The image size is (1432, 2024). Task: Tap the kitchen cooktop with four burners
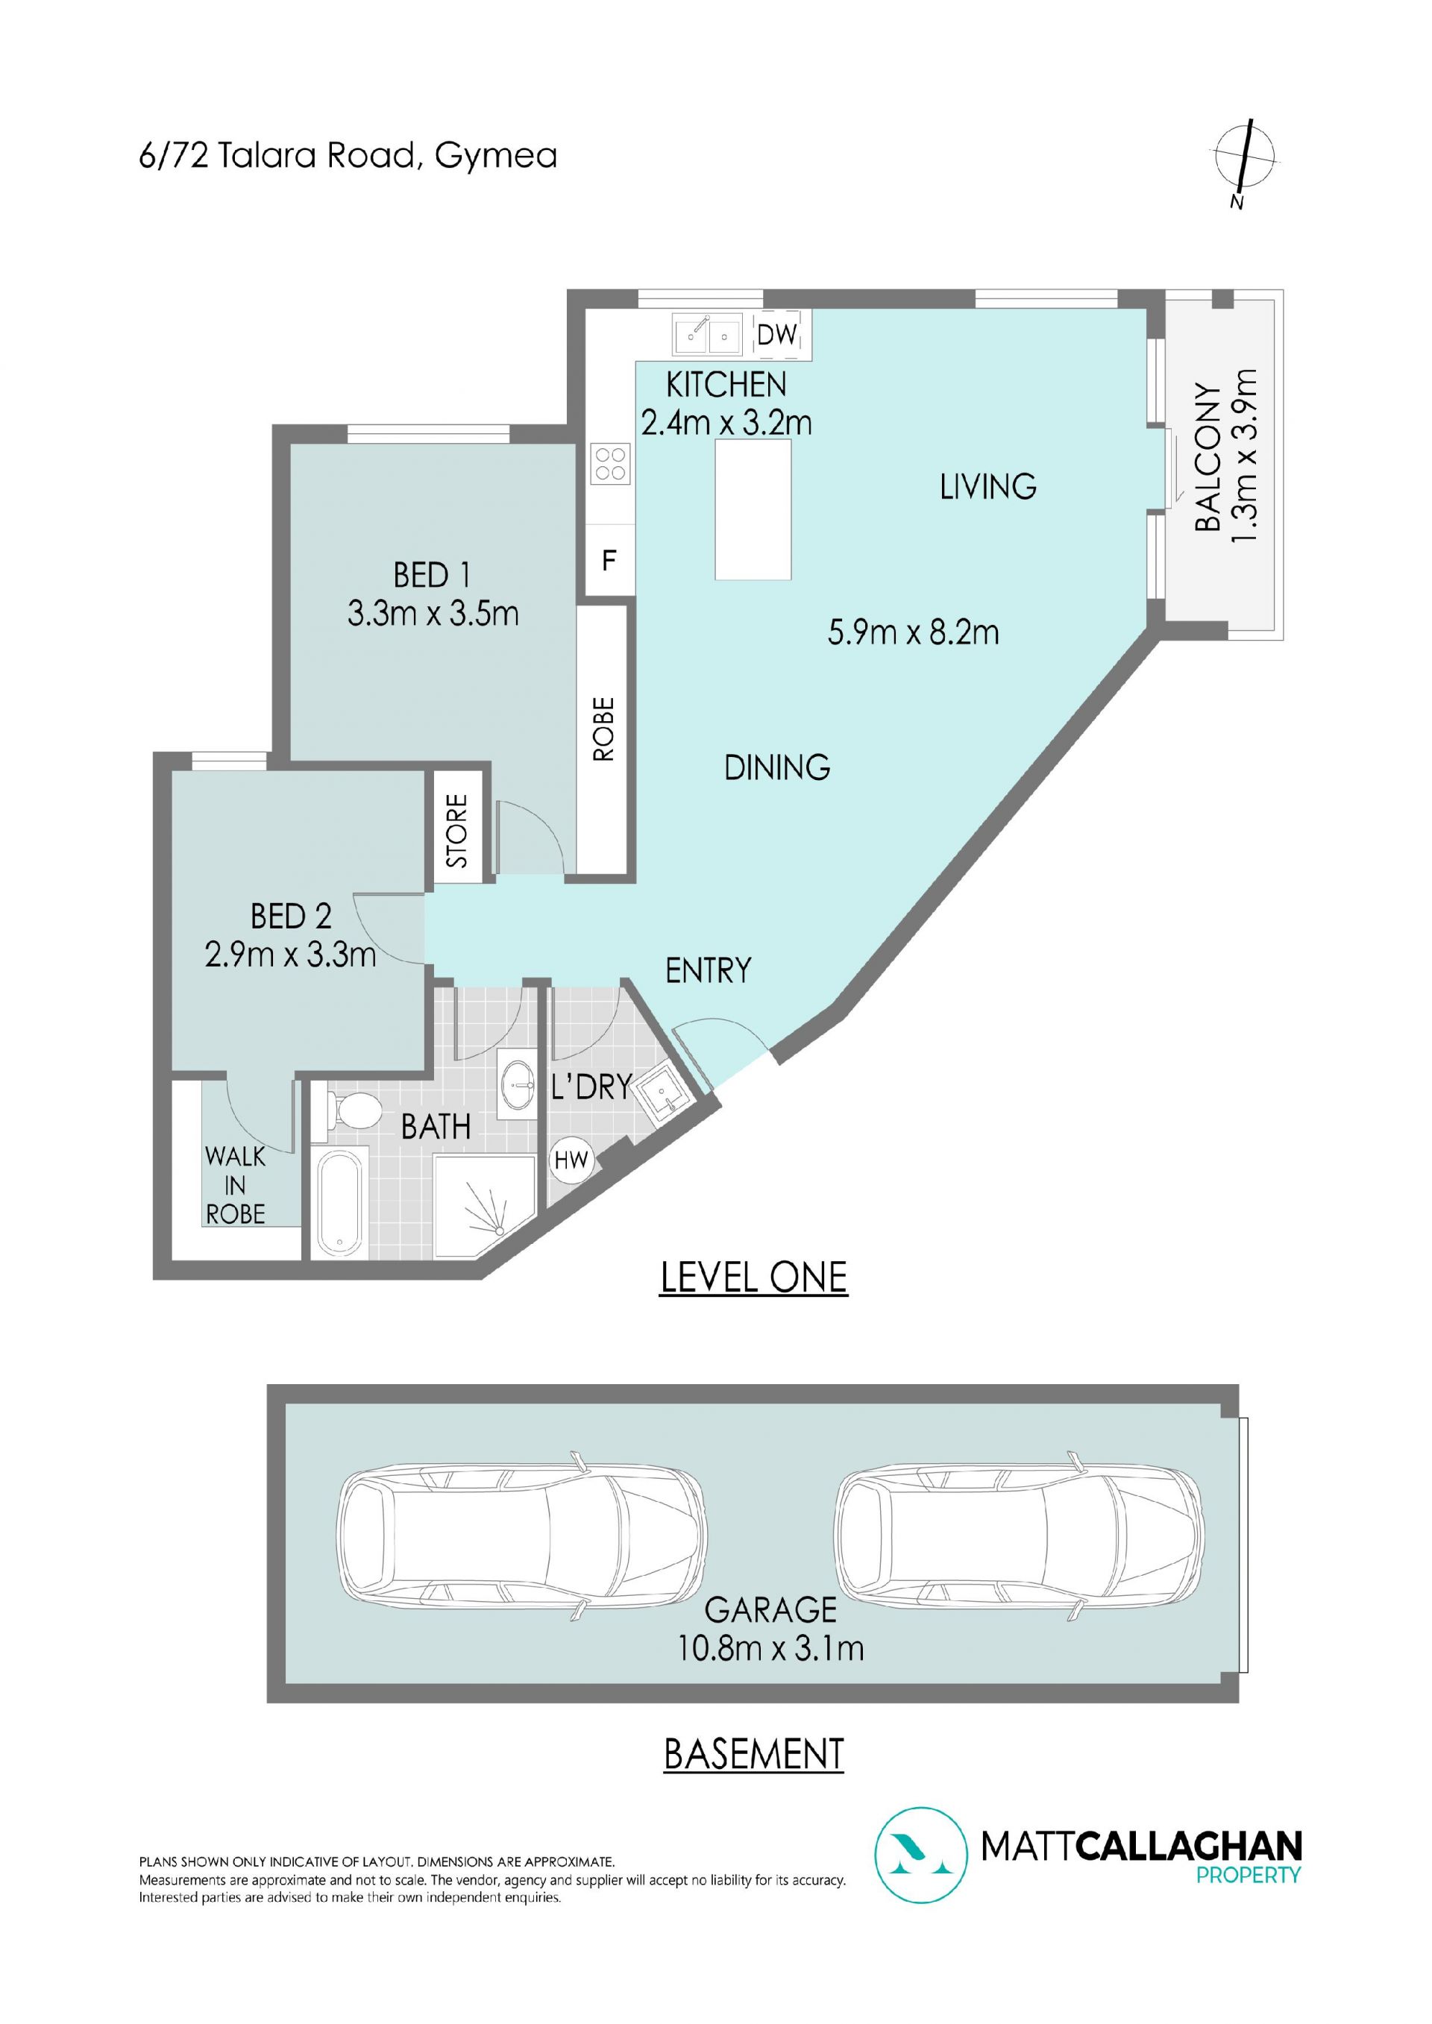click(611, 464)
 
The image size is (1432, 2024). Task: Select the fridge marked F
click(609, 560)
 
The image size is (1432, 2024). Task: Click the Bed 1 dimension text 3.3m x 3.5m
click(433, 613)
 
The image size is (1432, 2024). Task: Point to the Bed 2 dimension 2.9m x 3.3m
click(290, 954)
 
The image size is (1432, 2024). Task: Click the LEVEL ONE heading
click(753, 1278)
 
